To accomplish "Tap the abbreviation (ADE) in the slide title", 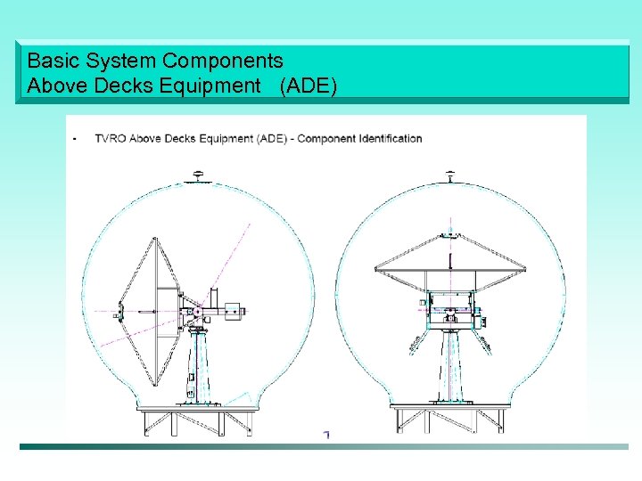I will pyautogui.click(x=308, y=86).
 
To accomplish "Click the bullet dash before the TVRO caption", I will pyautogui.click(x=74, y=139).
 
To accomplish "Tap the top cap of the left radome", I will pyautogui.click(x=199, y=176).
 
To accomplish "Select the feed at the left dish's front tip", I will pyautogui.click(x=118, y=313).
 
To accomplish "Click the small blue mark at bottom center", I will pyautogui.click(x=326, y=435).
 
